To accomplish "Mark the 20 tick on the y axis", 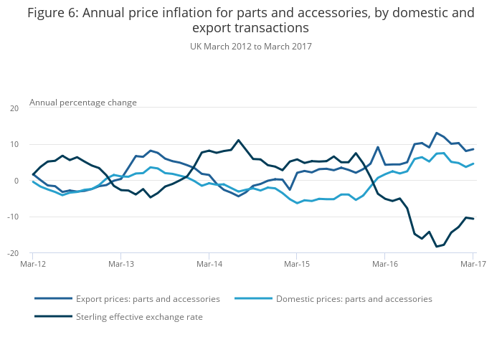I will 14,108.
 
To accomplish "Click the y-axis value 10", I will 14,144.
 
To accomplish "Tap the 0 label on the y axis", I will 16,181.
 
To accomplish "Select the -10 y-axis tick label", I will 12,217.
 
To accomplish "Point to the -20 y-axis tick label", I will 12,253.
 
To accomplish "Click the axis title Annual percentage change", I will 82,103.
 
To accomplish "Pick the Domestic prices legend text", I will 354,298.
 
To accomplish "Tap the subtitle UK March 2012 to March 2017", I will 250,47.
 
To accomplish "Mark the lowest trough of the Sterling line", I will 436,247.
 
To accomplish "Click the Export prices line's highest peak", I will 436,133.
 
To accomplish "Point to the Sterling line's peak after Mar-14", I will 239,140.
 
